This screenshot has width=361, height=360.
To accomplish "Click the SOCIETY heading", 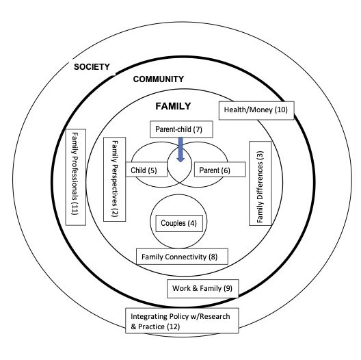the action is [x=92, y=67].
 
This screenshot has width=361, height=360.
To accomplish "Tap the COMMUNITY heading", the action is [x=159, y=79].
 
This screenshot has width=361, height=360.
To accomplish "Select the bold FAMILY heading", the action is [x=173, y=106].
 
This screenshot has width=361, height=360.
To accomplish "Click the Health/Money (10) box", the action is [x=256, y=110].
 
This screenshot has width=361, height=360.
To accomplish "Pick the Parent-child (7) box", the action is [x=181, y=129].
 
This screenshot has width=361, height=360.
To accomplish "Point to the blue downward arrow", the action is [x=180, y=150].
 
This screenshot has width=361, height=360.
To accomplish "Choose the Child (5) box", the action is [x=146, y=170].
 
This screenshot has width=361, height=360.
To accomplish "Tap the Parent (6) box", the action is [x=220, y=170].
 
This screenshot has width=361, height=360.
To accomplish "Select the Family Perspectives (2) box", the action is [x=114, y=179].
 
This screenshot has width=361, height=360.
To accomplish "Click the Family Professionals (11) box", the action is [x=76, y=177].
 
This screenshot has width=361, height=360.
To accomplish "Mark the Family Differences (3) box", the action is [x=260, y=183].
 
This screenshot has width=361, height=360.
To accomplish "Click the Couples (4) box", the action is [x=179, y=223].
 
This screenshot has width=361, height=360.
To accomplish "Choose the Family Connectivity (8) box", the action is [x=182, y=257].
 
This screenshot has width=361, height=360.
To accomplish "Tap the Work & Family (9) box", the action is [x=202, y=289].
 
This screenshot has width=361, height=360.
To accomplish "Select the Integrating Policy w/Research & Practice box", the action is [x=182, y=320].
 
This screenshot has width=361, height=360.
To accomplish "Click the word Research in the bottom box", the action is [x=215, y=316].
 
